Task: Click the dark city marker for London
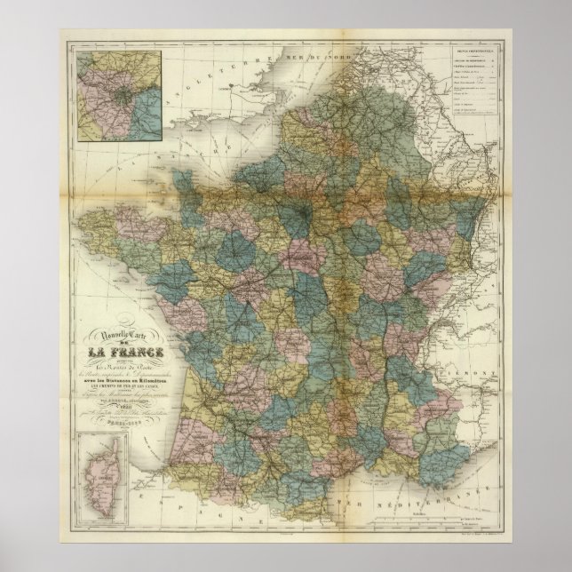click(x=233, y=87)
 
